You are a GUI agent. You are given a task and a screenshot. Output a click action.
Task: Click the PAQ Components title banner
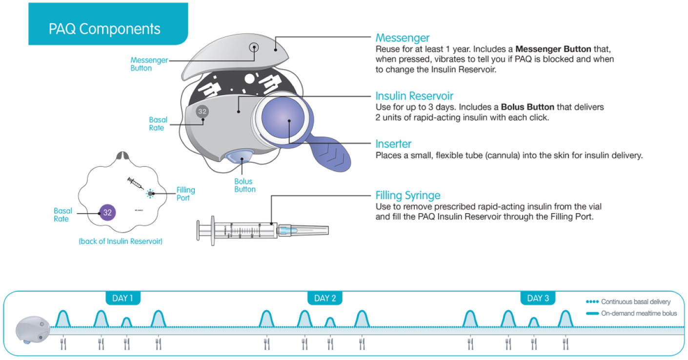(x=108, y=24)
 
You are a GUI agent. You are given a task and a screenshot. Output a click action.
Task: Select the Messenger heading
(x=403, y=38)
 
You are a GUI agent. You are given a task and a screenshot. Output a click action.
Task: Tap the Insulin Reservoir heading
(x=414, y=96)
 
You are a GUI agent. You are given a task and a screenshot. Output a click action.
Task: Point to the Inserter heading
(x=393, y=144)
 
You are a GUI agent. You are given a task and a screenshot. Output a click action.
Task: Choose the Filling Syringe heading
(x=408, y=195)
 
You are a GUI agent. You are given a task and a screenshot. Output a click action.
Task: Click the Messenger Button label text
(x=149, y=64)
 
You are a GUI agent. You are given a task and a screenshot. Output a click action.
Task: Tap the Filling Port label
(x=185, y=194)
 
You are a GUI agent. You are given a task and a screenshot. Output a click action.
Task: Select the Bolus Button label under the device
(x=245, y=185)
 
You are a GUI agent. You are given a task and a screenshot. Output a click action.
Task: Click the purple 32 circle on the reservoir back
(x=107, y=212)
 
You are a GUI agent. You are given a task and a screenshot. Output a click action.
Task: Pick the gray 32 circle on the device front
(x=202, y=112)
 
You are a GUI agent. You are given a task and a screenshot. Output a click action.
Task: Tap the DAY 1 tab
(x=123, y=298)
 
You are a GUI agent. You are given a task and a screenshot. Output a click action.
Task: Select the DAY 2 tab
(x=325, y=298)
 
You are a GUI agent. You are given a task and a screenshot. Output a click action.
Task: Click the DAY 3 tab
(x=538, y=298)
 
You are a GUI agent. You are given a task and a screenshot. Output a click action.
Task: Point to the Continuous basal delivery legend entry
(x=628, y=301)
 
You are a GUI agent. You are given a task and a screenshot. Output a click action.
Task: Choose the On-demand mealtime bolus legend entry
(x=631, y=313)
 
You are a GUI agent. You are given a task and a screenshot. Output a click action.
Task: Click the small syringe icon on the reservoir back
(x=136, y=183)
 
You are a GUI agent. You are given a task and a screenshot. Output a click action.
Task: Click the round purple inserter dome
(x=283, y=118)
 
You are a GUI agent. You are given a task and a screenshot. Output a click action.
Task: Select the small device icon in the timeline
(x=33, y=330)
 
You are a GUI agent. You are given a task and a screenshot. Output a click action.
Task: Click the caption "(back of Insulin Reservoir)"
(x=121, y=241)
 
